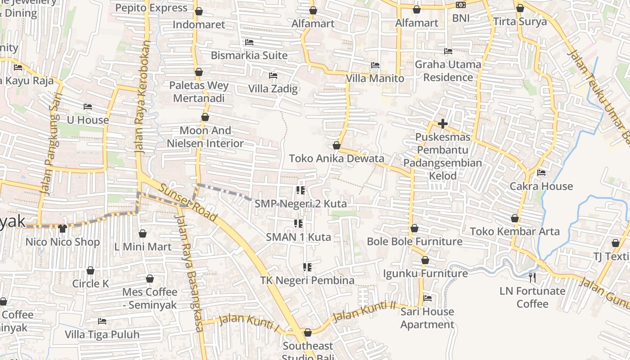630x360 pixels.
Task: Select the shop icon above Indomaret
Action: (x=198, y=11)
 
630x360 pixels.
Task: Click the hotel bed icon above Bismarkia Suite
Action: (x=249, y=42)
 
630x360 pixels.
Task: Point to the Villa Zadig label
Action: (x=273, y=89)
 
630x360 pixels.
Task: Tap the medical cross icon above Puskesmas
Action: (x=443, y=123)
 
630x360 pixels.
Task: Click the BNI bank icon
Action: (x=460, y=5)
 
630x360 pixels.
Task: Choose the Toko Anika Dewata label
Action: (x=337, y=158)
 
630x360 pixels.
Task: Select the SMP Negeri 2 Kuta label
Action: (x=301, y=204)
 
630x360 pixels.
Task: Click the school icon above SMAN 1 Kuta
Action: (x=298, y=223)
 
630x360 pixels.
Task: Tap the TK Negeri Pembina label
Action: (x=307, y=280)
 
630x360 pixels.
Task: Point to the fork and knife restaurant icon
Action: (x=532, y=277)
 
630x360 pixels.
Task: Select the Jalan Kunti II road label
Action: (x=364, y=310)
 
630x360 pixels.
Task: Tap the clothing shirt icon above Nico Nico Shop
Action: (x=62, y=229)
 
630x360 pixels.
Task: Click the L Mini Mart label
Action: (x=143, y=247)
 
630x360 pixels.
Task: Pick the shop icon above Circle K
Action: (x=90, y=270)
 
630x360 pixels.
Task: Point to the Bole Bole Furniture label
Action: (x=414, y=241)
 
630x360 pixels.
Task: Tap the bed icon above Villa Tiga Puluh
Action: (x=102, y=321)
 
